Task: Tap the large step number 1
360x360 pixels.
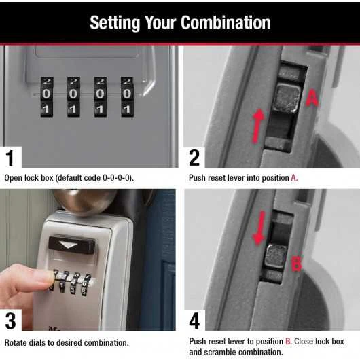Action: click(10, 158)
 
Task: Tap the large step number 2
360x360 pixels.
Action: click(194, 158)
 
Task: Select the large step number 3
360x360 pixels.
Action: click(10, 321)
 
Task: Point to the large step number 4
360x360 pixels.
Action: click(195, 321)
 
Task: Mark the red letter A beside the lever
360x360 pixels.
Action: click(312, 98)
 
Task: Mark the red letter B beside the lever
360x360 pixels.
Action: click(296, 264)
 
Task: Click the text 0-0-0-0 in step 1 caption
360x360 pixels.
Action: click(118, 178)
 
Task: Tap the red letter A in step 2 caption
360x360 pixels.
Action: click(294, 178)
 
